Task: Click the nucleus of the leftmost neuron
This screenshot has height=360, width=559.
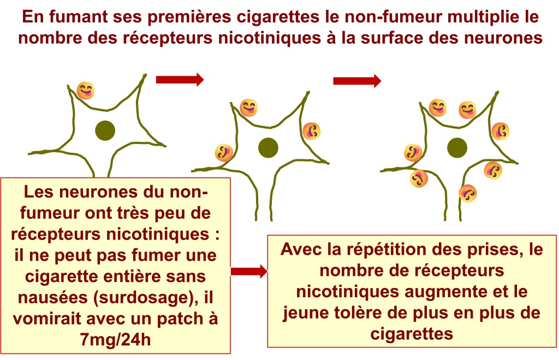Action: pyautogui.click(x=105, y=130)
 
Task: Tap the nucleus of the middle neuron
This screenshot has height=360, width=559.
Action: pyautogui.click(x=268, y=146)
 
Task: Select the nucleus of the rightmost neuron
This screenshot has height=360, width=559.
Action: pyautogui.click(x=457, y=147)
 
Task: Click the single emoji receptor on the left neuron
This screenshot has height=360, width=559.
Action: pyautogui.click(x=86, y=90)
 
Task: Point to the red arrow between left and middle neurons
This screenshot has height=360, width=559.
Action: pyautogui.click(x=180, y=80)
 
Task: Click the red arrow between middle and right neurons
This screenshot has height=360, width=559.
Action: pyautogui.click(x=357, y=81)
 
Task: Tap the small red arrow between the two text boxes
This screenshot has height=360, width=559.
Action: pyautogui.click(x=249, y=271)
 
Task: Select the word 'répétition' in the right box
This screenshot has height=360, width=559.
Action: pyautogui.click(x=394, y=250)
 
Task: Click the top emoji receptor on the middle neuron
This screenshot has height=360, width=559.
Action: pyautogui.click(x=249, y=107)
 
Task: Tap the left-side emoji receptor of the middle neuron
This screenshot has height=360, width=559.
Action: pyautogui.click(x=223, y=153)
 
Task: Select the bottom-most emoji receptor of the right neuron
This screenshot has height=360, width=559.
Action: pyautogui.click(x=468, y=193)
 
